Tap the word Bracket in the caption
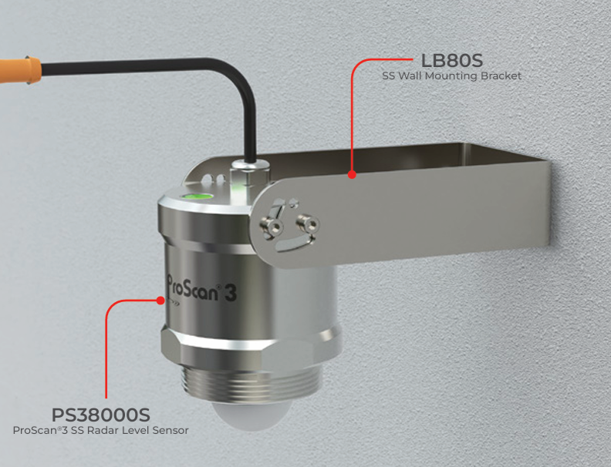tap(503, 76)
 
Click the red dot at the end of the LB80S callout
tap(351, 175)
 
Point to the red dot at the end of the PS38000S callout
tap(160, 302)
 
